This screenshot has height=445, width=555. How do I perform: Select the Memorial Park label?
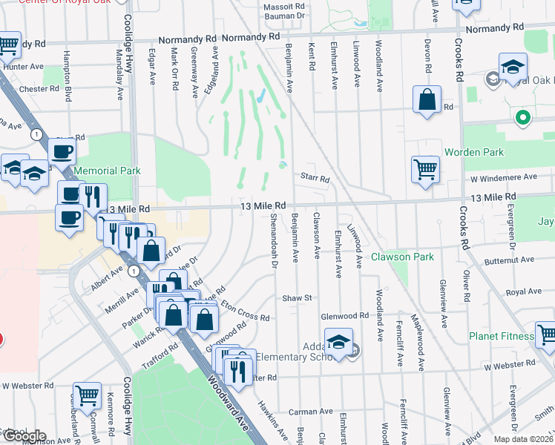[107, 171]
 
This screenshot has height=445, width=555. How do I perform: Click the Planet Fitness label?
[501, 336]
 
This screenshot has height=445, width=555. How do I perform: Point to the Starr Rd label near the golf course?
[315, 178]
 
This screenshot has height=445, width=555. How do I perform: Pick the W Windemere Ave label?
[504, 177]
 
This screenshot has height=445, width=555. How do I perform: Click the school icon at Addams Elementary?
[339, 342]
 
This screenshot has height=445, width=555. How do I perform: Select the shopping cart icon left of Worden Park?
[425, 168]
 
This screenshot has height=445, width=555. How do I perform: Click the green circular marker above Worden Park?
[523, 117]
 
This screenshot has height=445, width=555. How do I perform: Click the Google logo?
[23, 436]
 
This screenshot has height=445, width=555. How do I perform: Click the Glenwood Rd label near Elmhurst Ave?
[345, 316]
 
